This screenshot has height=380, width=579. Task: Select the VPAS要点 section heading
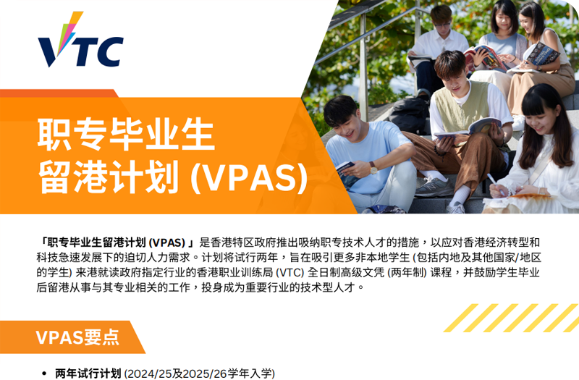click(x=77, y=337)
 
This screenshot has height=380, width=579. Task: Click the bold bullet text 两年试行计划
click(x=88, y=373)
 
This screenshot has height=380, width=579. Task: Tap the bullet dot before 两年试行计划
click(x=45, y=374)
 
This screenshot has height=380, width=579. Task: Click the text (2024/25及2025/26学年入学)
click(x=200, y=373)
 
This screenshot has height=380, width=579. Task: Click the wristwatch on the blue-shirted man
click(x=373, y=167)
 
